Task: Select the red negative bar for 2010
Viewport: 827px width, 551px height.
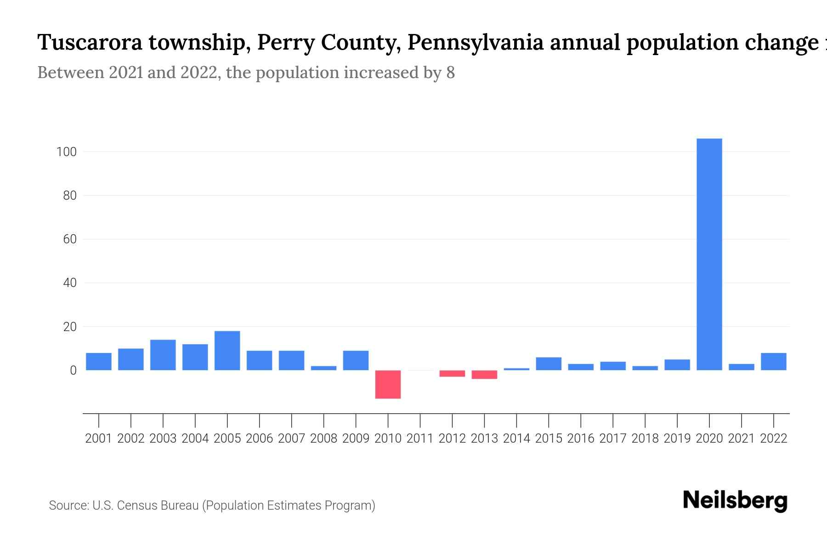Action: pos(388,384)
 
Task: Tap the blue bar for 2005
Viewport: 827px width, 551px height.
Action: pos(227,350)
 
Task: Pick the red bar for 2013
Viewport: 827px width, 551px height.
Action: pos(484,375)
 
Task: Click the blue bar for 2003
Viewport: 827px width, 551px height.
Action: pos(163,355)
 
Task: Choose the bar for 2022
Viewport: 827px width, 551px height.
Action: pos(773,361)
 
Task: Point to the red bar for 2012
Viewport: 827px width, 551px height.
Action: pos(452,373)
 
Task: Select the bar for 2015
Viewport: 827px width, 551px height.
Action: pos(549,364)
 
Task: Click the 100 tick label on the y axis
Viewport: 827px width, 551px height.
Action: pos(66,152)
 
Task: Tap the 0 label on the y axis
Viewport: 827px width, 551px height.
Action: pos(73,371)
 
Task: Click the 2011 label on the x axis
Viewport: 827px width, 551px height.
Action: pos(420,439)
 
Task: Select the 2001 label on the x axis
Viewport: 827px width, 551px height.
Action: pos(99,439)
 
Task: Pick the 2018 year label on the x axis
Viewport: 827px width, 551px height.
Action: pos(645,439)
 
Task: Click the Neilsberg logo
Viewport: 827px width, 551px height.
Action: pos(735,500)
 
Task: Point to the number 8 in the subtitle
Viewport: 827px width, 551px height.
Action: pos(450,73)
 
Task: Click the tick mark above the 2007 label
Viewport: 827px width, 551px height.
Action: pos(291,420)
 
